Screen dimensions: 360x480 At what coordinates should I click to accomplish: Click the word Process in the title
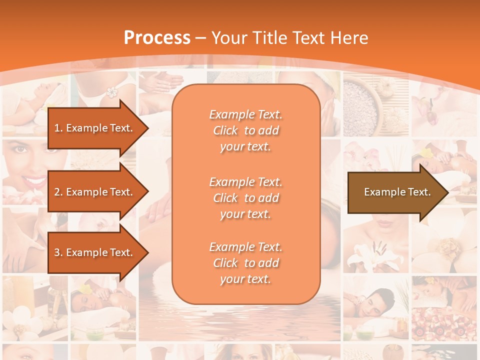click(x=157, y=38)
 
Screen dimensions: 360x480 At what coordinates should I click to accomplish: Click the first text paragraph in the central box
click(x=245, y=130)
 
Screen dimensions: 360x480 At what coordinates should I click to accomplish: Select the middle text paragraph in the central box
click(x=245, y=197)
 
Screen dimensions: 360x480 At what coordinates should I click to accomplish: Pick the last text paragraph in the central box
click(x=245, y=263)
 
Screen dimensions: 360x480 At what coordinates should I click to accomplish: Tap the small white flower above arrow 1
click(x=111, y=91)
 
